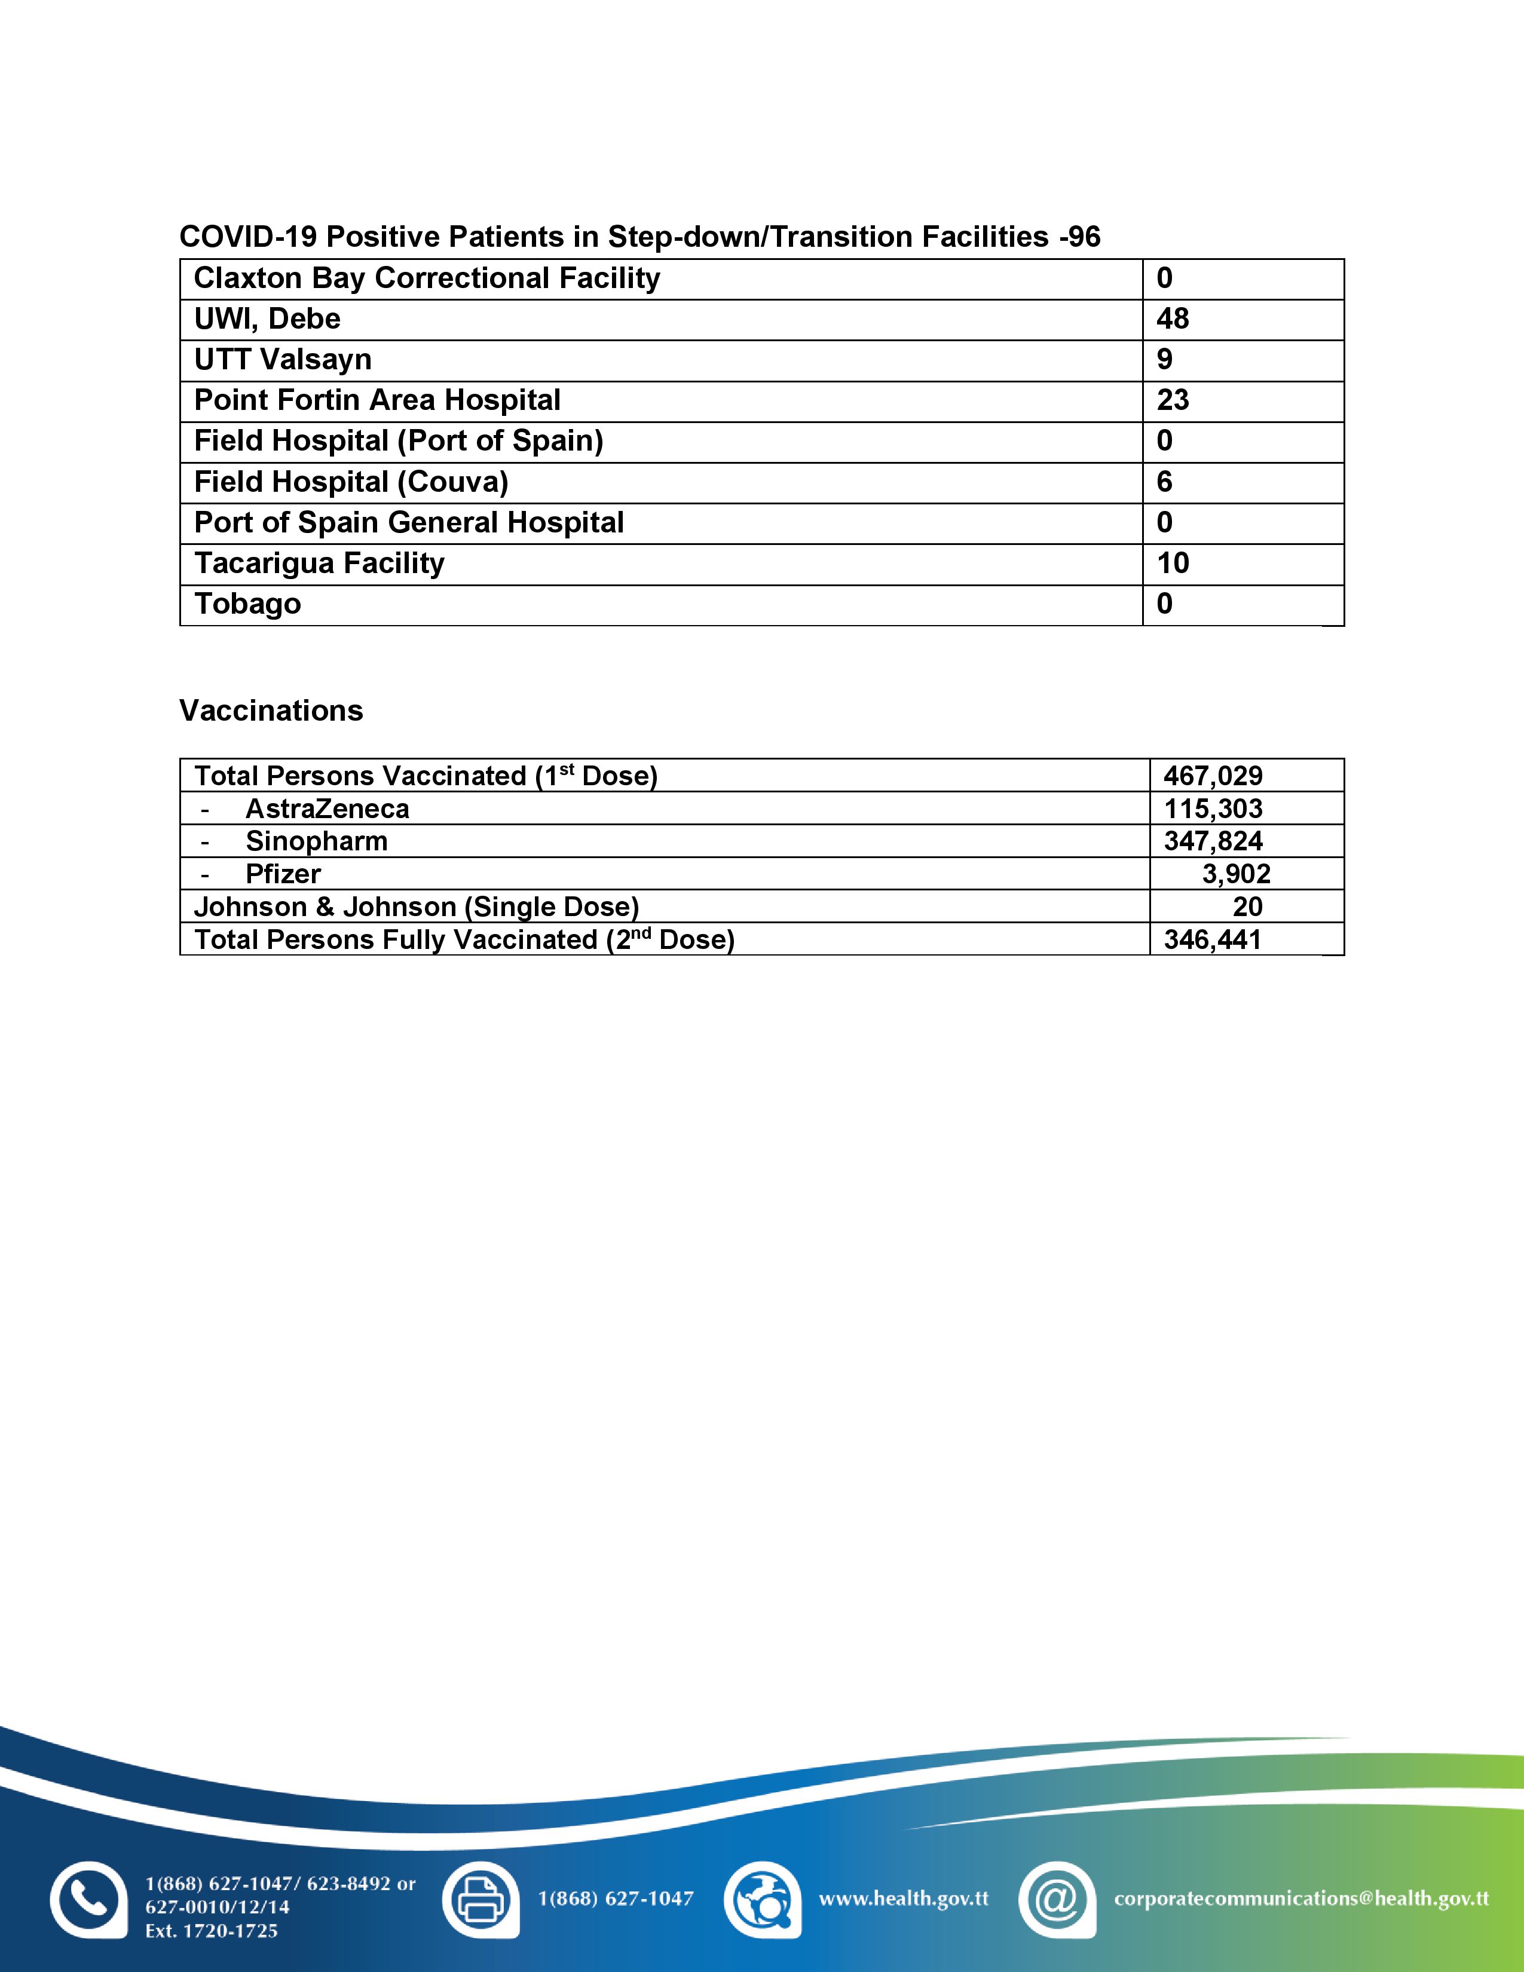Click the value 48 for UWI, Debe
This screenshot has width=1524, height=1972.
(x=1172, y=319)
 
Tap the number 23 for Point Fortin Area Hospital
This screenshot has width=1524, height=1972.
(x=1172, y=400)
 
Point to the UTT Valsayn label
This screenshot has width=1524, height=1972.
(x=283, y=359)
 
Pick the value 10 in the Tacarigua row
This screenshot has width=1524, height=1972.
(x=1172, y=564)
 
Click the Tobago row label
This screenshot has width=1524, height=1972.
(x=247, y=604)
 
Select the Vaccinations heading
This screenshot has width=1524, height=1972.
(x=271, y=711)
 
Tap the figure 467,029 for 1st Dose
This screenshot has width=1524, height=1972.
(x=1213, y=776)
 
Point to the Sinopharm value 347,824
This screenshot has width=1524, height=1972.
(x=1213, y=841)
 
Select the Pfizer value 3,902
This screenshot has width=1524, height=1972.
(x=1235, y=874)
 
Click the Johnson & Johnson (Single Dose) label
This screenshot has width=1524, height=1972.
(x=416, y=907)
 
